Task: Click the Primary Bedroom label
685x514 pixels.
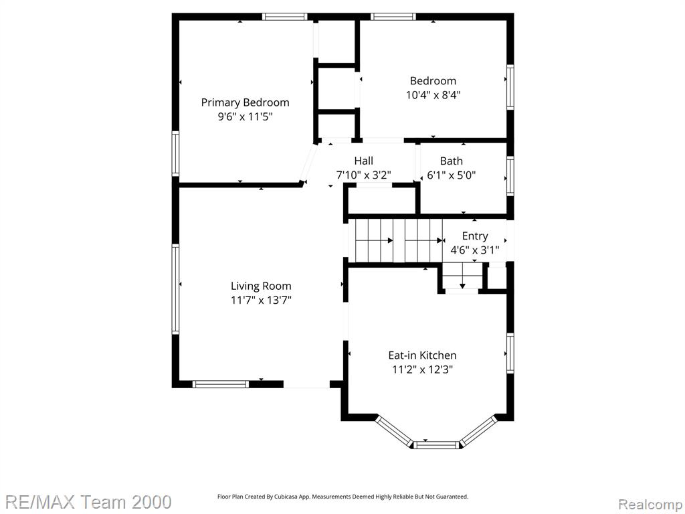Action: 245,102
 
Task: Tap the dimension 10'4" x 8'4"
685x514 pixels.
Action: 433,95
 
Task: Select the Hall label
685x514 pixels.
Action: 363,161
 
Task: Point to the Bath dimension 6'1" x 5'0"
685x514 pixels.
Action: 451,175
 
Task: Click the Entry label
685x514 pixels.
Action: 475,236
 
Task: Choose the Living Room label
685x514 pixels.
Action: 261,286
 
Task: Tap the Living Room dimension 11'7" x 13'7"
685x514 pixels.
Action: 261,301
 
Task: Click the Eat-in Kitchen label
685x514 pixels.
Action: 422,355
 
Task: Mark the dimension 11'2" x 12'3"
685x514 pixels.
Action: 422,369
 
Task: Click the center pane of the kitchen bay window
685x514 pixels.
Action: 435,445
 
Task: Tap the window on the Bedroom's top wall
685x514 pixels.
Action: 393,17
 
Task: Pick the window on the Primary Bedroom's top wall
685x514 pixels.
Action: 285,17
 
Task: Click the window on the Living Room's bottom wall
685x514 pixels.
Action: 221,384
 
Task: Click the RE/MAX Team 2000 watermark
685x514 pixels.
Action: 88,502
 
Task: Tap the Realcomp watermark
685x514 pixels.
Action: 650,505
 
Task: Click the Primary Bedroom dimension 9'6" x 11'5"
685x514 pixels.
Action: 245,116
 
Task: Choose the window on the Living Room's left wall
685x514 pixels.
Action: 175,288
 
